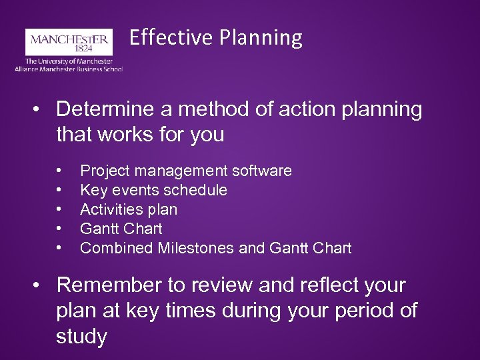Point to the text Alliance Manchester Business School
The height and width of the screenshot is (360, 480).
(69, 68)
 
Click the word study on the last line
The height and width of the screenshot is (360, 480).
(81, 337)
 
